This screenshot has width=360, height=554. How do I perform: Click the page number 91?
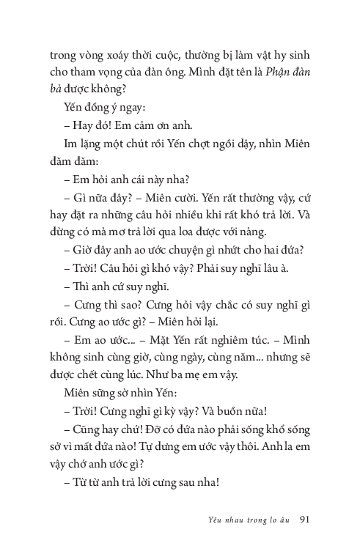click(x=308, y=519)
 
